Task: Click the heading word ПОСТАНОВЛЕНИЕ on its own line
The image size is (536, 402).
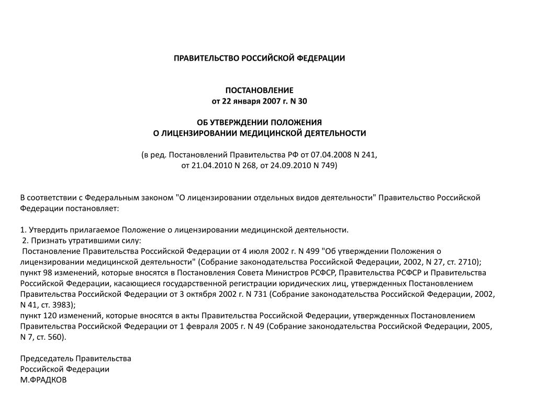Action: (x=260, y=90)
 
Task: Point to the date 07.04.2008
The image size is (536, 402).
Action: (x=330, y=155)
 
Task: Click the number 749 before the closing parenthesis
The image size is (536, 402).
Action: (x=329, y=165)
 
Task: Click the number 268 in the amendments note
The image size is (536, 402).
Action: (x=248, y=165)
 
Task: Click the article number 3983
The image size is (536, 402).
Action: (x=64, y=305)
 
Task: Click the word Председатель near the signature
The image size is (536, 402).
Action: (x=47, y=359)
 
